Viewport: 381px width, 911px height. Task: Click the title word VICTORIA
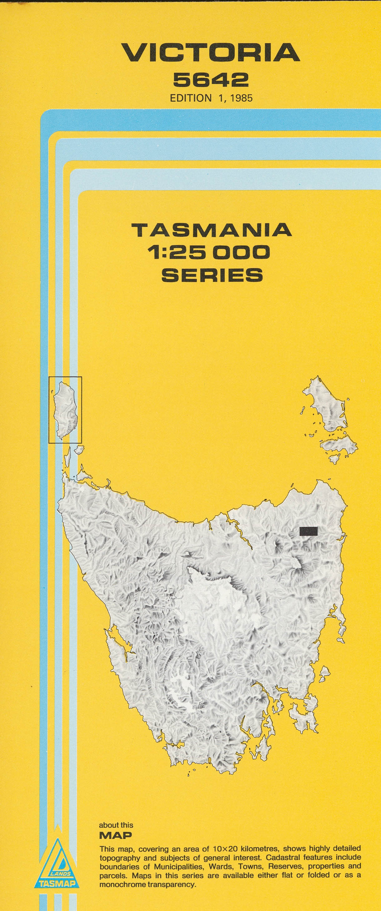(211, 53)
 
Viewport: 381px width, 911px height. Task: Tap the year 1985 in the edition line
(241, 98)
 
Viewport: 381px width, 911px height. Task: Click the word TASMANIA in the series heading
(212, 230)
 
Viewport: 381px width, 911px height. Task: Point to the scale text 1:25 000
(209, 252)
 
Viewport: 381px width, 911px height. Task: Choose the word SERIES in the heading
(212, 275)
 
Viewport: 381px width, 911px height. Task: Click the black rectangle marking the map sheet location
(309, 531)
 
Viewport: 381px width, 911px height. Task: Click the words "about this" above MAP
(116, 826)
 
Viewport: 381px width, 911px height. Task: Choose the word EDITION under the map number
(190, 98)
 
